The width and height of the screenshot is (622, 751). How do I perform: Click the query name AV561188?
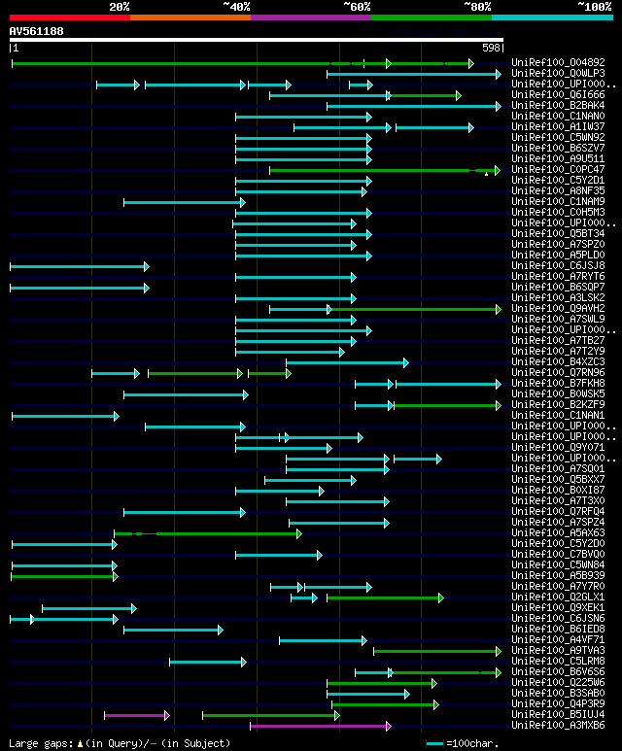click(36, 31)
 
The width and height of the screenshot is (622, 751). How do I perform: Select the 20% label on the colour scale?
click(120, 6)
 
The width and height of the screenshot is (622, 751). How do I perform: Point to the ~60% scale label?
click(357, 6)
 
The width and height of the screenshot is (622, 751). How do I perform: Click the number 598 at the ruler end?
click(491, 48)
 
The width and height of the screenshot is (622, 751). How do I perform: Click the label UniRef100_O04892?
click(557, 62)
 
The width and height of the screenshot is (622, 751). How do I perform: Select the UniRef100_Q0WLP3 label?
click(557, 73)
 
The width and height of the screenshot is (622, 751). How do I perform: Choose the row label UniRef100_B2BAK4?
click(557, 105)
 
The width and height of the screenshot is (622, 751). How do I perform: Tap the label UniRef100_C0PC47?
click(557, 169)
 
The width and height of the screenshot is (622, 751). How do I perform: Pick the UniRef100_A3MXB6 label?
click(557, 725)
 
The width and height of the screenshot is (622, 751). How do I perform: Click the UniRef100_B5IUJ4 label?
click(557, 714)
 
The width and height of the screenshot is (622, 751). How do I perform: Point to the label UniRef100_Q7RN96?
click(557, 372)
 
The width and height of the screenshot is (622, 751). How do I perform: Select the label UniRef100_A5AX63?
click(557, 532)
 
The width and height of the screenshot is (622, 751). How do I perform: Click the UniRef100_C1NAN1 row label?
click(557, 415)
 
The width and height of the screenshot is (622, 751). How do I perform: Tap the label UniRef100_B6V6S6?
click(557, 671)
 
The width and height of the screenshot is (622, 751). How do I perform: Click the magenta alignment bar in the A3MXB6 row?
click(320, 725)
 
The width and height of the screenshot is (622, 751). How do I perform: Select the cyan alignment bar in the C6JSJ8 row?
click(78, 265)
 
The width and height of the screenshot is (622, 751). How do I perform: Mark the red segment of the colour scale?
click(68, 17)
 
